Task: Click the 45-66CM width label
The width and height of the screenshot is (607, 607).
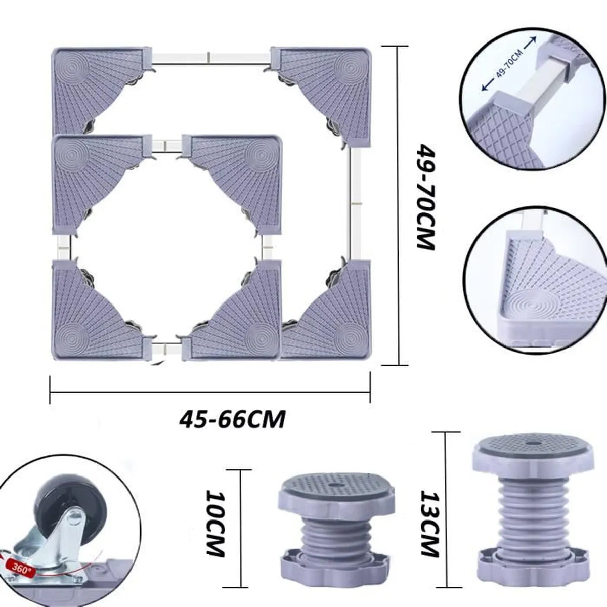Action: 232,419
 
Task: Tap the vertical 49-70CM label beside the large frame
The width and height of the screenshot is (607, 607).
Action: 426,197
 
